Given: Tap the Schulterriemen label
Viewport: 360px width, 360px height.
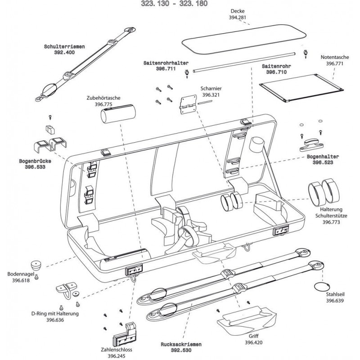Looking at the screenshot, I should click(65, 46).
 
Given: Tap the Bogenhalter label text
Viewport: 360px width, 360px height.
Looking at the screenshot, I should click(322, 157).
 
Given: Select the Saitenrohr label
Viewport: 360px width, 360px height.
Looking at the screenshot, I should click(274, 66).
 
